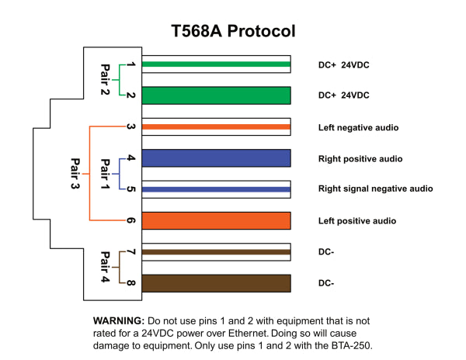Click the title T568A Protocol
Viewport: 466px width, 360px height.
(233, 32)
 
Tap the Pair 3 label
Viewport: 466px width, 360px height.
(75, 175)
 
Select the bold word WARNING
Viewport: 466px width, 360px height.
(118, 320)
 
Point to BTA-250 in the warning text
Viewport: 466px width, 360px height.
(360, 345)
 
